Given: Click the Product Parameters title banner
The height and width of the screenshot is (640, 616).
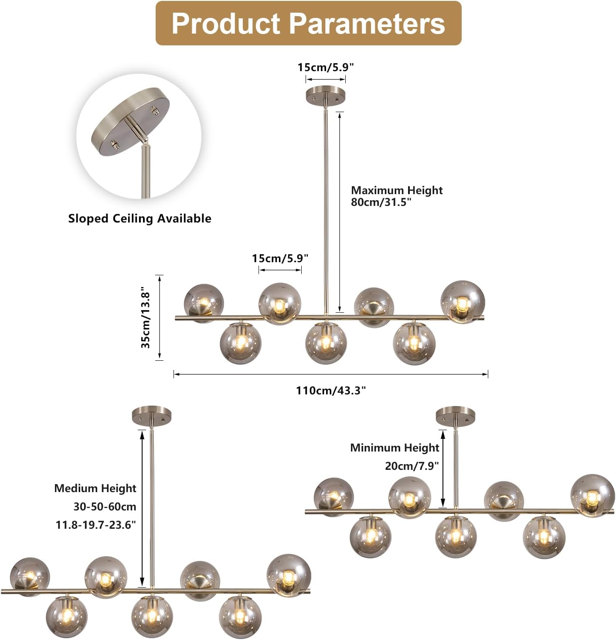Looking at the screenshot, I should pyautogui.click(x=308, y=23).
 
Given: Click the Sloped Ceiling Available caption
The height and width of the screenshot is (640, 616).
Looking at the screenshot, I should pyautogui.click(x=140, y=219).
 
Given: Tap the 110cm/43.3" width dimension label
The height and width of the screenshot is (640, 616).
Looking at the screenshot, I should pyautogui.click(x=331, y=390).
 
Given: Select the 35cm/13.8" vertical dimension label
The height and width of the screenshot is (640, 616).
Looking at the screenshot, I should pyautogui.click(x=146, y=318).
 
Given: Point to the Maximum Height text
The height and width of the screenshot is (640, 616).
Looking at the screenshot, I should pyautogui.click(x=397, y=190).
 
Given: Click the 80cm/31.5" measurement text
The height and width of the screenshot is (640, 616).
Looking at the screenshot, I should pyautogui.click(x=381, y=202).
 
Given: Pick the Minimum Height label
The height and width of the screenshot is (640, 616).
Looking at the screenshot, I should pyautogui.click(x=395, y=448).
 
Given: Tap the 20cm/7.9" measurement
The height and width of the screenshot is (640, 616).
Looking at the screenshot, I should pyautogui.click(x=412, y=466).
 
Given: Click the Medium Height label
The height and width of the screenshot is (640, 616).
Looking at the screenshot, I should pyautogui.click(x=95, y=488).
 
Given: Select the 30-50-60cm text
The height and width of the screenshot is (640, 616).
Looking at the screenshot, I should pyautogui.click(x=105, y=507).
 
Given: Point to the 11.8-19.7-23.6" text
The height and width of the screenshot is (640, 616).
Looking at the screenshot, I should pyautogui.click(x=96, y=525).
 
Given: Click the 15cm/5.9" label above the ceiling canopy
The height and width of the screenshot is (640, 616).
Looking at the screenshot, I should pyautogui.click(x=326, y=67).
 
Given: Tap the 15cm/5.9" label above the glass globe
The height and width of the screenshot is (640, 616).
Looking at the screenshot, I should pyautogui.click(x=280, y=258).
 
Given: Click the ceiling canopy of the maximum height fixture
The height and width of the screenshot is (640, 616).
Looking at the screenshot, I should pyautogui.click(x=326, y=95).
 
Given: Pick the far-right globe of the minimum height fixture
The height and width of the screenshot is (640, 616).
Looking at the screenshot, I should pyautogui.click(x=592, y=496).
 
